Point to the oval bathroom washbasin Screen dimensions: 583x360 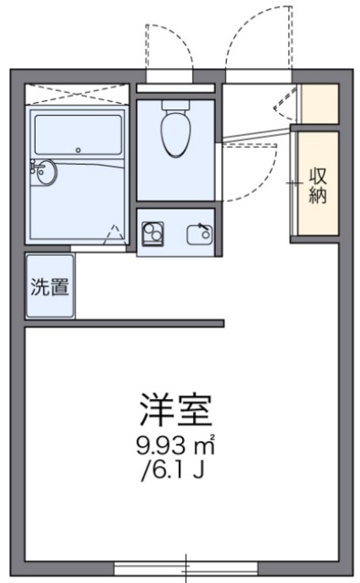(x=45, y=171)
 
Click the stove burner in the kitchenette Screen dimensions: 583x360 (x=152, y=234)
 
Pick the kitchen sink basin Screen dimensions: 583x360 (x=198, y=236)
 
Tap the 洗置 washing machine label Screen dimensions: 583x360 (x=49, y=286)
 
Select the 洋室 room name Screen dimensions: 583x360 (x=176, y=411)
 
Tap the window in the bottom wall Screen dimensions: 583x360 (x=187, y=568)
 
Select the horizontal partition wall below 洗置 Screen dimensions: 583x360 (x=124, y=322)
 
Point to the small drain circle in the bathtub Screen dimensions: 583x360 (x=78, y=149)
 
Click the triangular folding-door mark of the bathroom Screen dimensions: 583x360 (x=113, y=234)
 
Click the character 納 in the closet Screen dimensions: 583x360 (x=317, y=197)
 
